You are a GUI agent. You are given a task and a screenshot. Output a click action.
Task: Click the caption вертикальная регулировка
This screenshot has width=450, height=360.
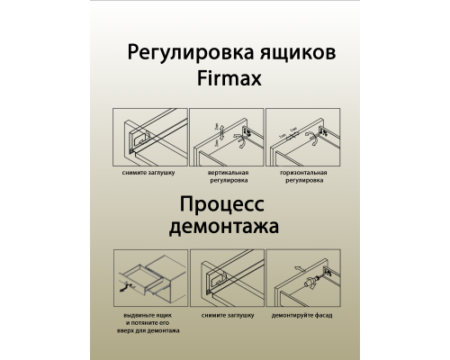coord(226,175)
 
